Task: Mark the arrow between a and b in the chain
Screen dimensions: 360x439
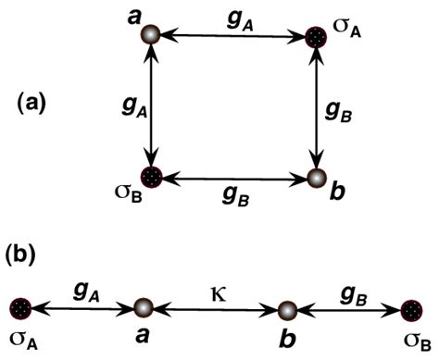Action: (215, 309)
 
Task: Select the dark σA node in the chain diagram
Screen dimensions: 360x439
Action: (20, 309)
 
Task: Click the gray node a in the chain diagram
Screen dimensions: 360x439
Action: (144, 309)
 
